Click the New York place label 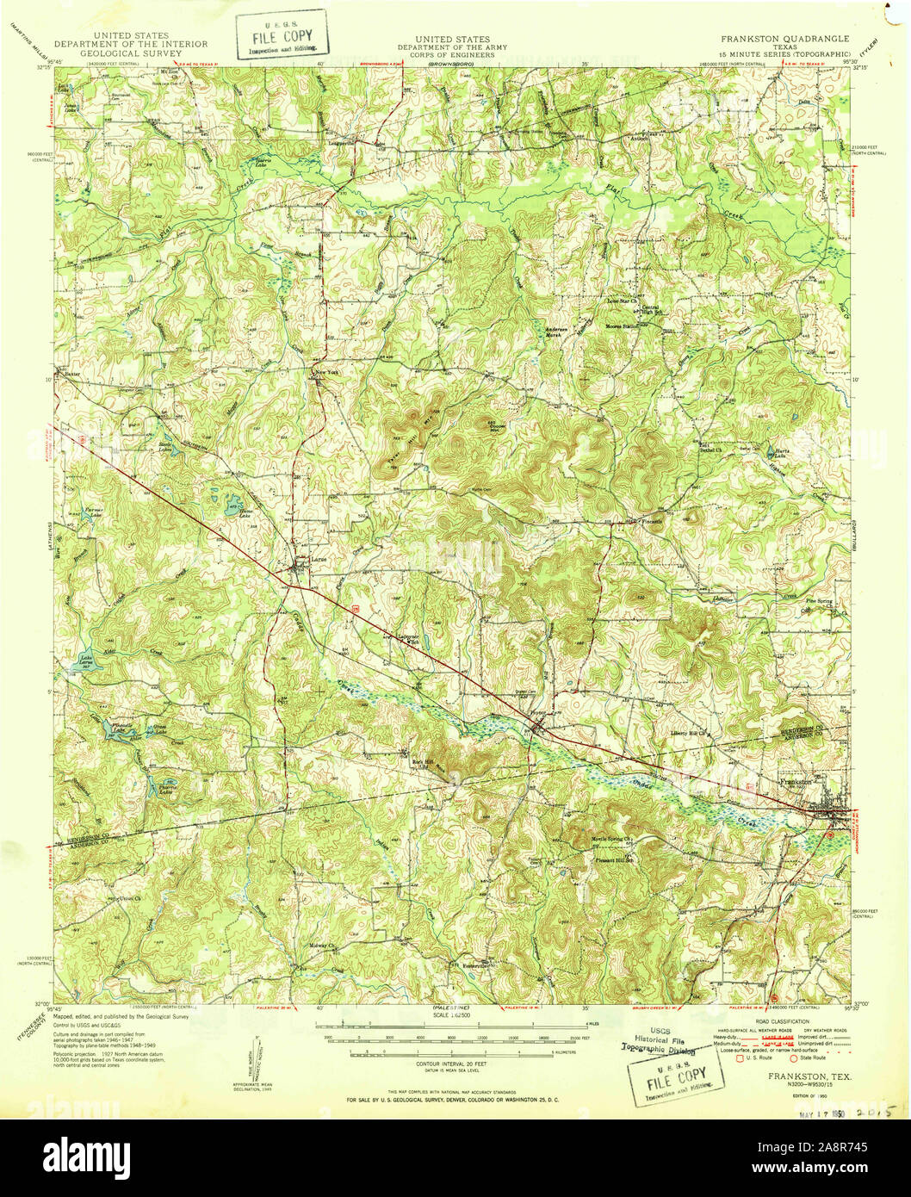click(328, 372)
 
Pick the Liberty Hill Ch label click(689, 734)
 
